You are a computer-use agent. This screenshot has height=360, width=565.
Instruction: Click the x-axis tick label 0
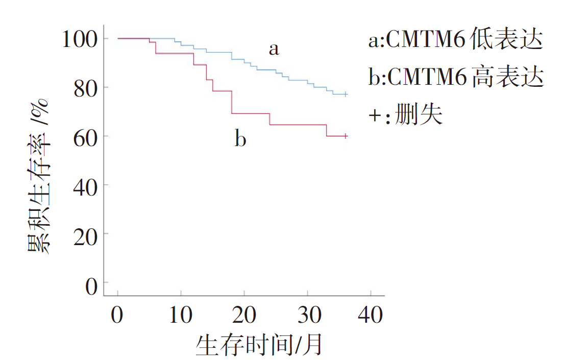(117, 315)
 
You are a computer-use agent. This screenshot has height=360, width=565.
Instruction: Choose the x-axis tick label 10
(181, 315)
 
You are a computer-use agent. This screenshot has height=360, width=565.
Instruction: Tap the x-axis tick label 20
(244, 315)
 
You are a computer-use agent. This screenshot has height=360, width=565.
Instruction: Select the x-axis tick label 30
(307, 315)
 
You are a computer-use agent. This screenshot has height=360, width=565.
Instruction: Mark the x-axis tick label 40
(371, 315)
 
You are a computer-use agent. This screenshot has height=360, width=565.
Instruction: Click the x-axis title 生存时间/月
(259, 344)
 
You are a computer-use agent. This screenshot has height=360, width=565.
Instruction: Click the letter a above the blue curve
(274, 50)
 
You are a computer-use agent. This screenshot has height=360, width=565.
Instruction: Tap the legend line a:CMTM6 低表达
(455, 40)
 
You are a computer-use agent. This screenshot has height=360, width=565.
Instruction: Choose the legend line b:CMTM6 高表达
(456, 78)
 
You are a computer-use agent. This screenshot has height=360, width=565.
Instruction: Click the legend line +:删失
(405, 115)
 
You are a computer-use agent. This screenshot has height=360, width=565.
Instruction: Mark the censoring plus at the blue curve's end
(346, 94)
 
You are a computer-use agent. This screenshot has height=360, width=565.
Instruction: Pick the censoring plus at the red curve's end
(346, 136)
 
